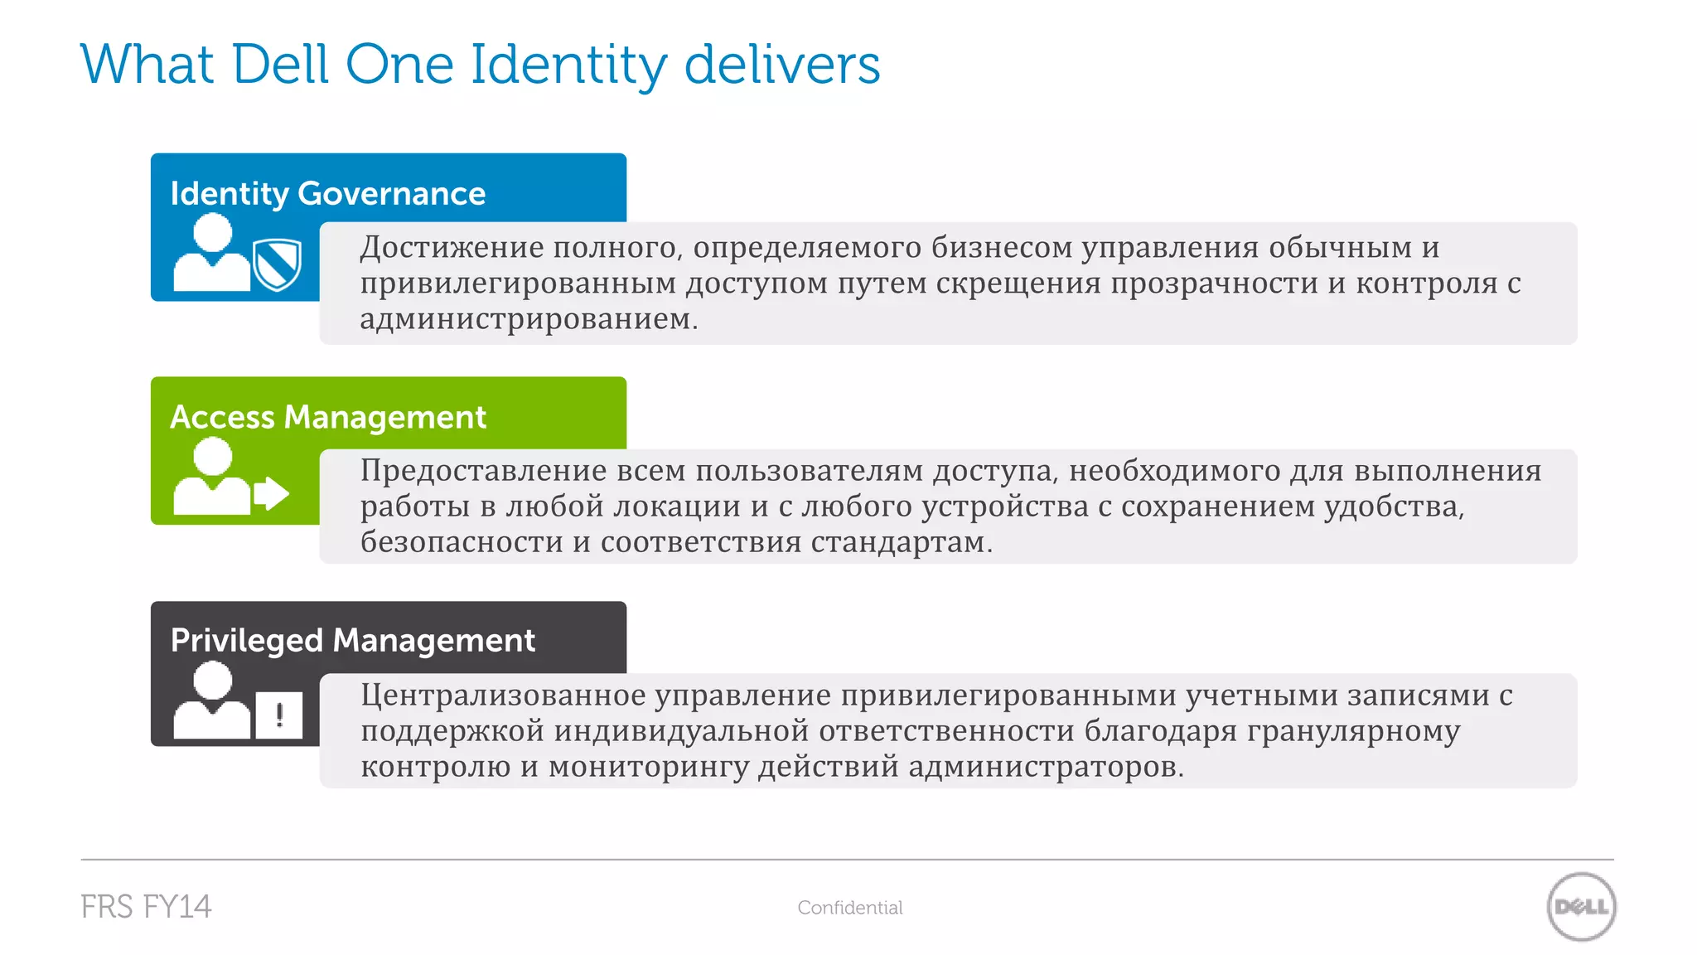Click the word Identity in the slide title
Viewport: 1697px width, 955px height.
(568, 65)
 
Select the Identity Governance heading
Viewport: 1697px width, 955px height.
(328, 193)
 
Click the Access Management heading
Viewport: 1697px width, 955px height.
(328, 417)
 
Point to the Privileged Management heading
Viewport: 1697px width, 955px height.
(353, 641)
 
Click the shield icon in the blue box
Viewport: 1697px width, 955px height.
(277, 264)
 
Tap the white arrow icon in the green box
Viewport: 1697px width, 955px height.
(272, 493)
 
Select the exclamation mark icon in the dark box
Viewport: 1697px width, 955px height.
(279, 715)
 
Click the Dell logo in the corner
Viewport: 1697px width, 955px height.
(1581, 907)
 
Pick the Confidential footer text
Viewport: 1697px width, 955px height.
(850, 908)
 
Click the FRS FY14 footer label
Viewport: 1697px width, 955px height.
(146, 907)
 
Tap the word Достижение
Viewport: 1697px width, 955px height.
(452, 247)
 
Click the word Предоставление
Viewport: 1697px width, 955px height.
(484, 471)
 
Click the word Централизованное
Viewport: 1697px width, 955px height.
(503, 695)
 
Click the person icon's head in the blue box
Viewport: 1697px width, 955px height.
(213, 232)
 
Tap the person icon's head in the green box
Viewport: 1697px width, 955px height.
(213, 456)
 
